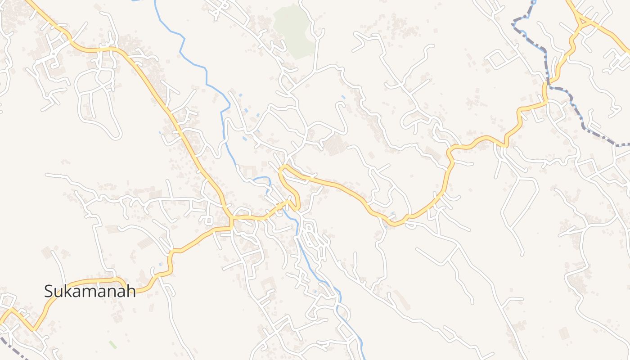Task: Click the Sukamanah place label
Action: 90,291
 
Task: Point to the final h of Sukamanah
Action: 131,291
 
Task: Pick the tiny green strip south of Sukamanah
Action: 112,345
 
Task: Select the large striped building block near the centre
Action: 335,146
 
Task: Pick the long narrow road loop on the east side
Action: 520,202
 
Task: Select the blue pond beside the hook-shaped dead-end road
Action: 343,97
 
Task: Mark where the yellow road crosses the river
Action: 288,205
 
